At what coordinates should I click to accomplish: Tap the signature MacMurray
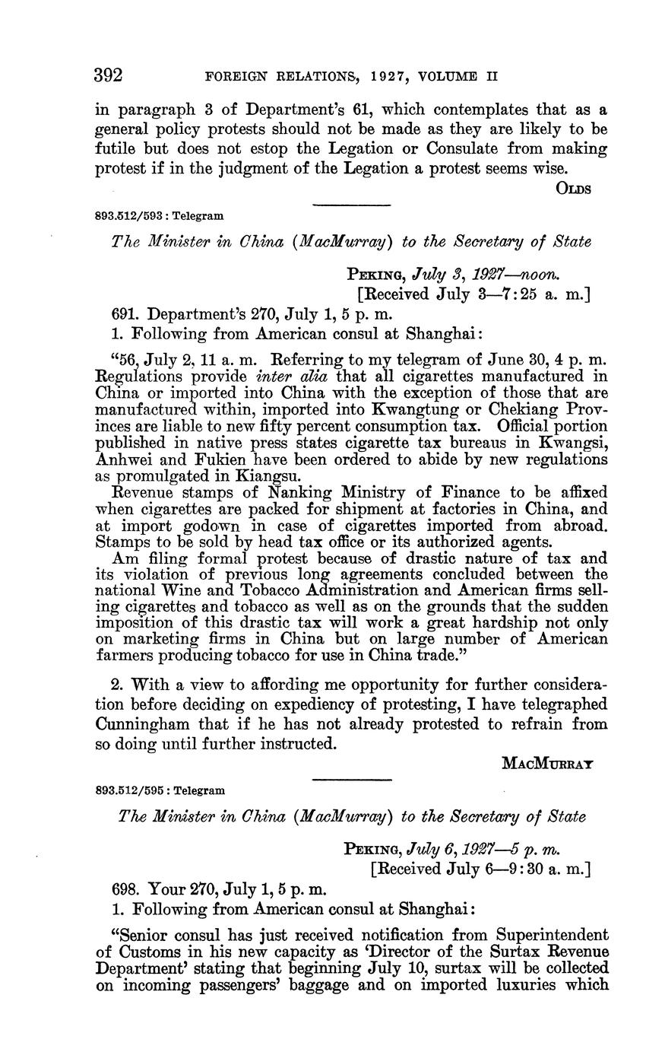coord(548,764)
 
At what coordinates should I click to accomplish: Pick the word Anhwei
coord(123,460)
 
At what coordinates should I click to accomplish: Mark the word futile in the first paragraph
coord(117,148)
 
